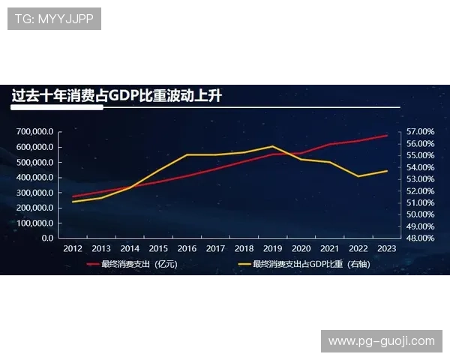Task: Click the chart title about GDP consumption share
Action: click(x=116, y=96)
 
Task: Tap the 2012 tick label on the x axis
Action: click(x=73, y=248)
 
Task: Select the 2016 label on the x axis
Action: click(x=187, y=248)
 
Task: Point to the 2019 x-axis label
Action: click(x=272, y=248)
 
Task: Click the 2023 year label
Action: click(x=386, y=248)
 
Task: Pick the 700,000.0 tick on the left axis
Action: click(x=34, y=131)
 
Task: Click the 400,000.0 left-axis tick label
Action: click(x=34, y=177)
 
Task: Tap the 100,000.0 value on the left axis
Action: click(x=34, y=223)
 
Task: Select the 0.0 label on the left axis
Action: click(x=46, y=238)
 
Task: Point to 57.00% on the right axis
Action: click(x=421, y=131)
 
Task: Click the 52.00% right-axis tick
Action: click(x=421, y=190)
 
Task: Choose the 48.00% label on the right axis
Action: click(x=421, y=238)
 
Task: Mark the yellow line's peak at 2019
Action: click(x=272, y=146)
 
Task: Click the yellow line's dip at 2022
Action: click(x=358, y=176)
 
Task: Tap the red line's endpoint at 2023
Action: click(x=386, y=136)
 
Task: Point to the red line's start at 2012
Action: click(x=73, y=196)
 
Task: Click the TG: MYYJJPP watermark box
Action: click(x=54, y=19)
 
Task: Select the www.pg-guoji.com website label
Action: click(x=381, y=341)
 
